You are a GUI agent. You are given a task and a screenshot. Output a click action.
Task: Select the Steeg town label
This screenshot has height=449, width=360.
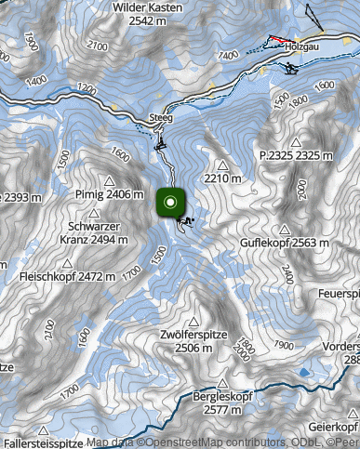pos(160,118)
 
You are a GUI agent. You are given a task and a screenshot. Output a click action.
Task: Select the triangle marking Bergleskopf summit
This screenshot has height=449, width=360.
pos(221,382)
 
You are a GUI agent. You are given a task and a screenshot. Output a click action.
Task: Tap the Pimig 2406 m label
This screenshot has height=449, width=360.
pos(108,195)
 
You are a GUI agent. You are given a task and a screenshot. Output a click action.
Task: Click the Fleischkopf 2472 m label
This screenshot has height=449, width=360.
pos(68,276)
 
